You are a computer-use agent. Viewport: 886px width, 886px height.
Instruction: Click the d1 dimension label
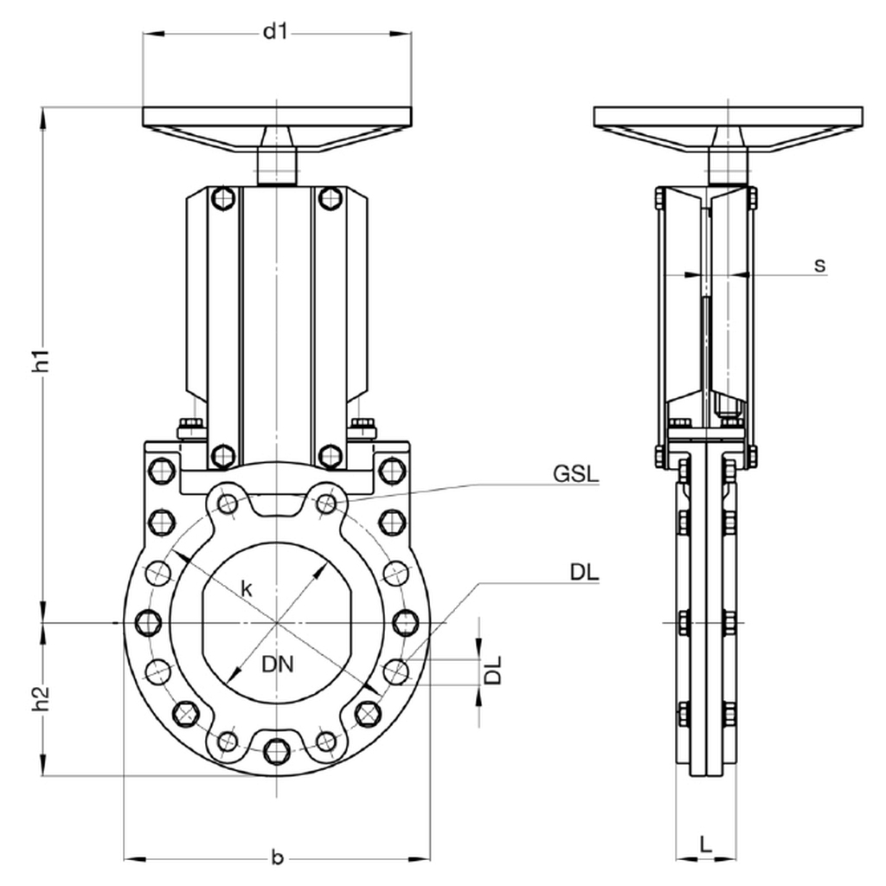tap(275, 33)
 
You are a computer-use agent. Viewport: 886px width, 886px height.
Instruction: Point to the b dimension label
tap(277, 857)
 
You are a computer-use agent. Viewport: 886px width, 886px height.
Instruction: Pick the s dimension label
tap(819, 265)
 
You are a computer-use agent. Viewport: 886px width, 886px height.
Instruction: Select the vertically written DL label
tap(493, 671)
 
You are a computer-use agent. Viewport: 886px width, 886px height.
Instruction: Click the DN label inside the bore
tap(278, 664)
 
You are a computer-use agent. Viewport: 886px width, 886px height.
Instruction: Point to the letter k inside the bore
tap(247, 590)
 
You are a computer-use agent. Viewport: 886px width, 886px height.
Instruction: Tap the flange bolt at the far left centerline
tap(149, 621)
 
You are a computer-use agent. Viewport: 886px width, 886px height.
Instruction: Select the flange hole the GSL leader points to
tap(326, 503)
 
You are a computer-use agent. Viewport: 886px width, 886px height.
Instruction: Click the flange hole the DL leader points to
tap(395, 670)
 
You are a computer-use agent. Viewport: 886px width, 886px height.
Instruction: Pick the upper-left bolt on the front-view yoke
tap(223, 198)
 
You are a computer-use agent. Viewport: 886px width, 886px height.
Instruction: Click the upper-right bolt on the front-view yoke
tap(330, 198)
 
